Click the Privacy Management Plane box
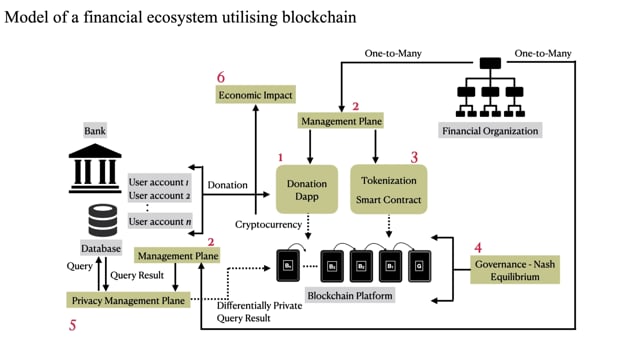130,300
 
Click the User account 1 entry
161,183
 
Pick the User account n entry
161,221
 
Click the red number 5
72,324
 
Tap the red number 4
478,246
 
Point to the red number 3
414,157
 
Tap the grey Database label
101,246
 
